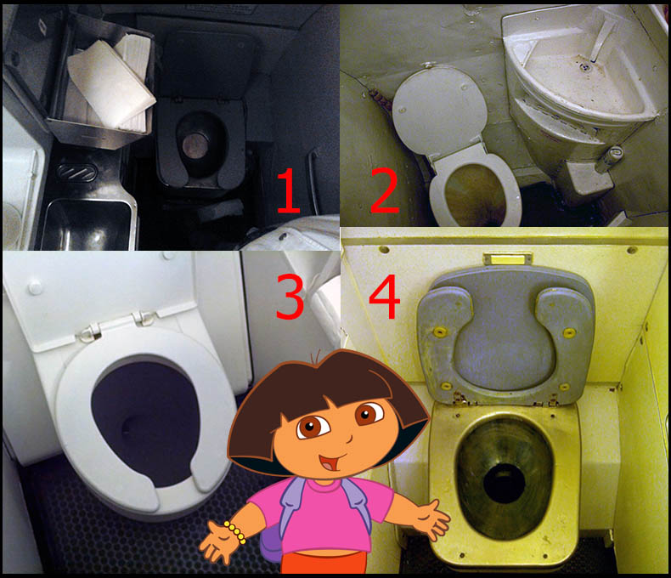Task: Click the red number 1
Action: coord(289,190)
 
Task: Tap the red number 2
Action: coord(385,190)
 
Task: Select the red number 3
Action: coord(290,297)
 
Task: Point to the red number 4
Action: coord(384,297)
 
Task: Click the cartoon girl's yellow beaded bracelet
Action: coord(235,533)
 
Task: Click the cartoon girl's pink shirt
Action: coord(324,516)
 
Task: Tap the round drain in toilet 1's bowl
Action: coord(195,144)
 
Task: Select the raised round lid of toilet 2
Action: coord(439,109)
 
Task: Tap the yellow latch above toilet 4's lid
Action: coord(508,258)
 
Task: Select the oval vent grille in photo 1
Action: coord(77,172)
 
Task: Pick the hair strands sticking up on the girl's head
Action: coord(316,357)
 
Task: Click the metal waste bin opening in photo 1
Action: coord(87,224)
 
